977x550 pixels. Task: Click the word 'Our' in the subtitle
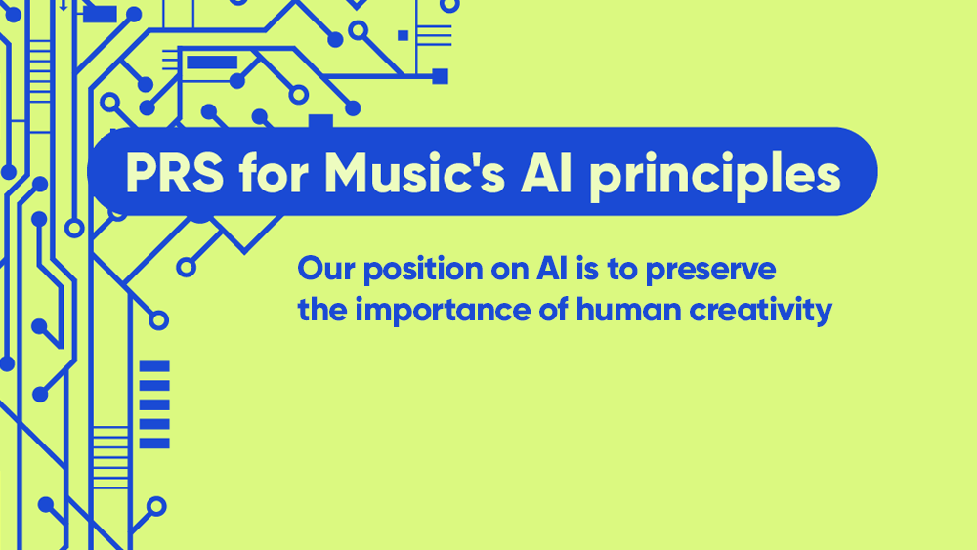click(322, 269)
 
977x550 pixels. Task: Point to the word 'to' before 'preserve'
click(614, 269)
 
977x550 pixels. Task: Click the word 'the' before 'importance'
click(321, 311)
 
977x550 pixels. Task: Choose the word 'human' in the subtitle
click(616, 311)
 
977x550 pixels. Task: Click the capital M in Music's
click(346, 174)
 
